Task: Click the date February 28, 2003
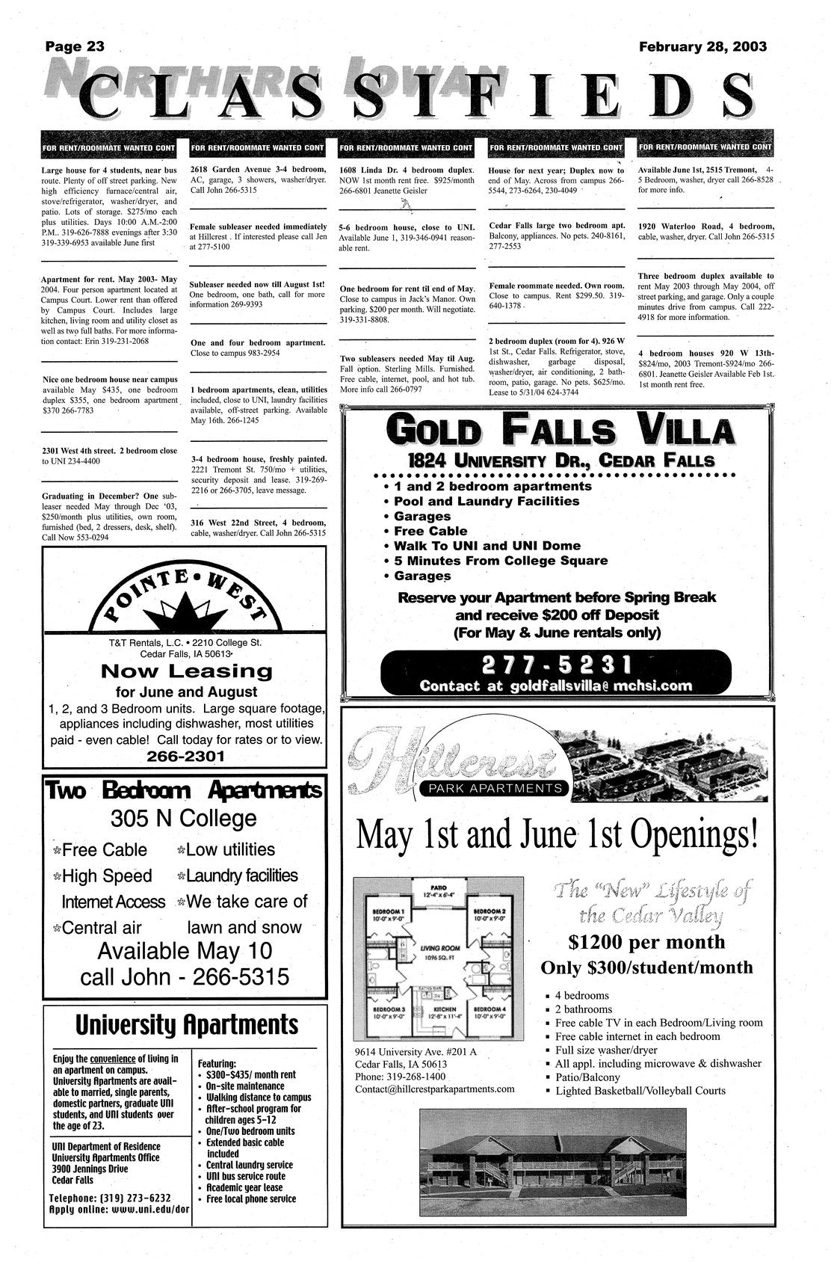[x=702, y=46]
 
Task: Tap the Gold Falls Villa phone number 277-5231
[x=556, y=665]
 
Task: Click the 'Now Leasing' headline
[x=186, y=671]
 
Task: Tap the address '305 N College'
[x=183, y=819]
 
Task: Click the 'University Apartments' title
[x=185, y=1025]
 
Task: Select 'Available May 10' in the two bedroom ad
[x=185, y=951]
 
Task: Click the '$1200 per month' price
[x=646, y=942]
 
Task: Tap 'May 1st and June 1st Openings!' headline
[x=558, y=835]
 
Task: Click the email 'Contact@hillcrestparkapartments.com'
[x=435, y=1089]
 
